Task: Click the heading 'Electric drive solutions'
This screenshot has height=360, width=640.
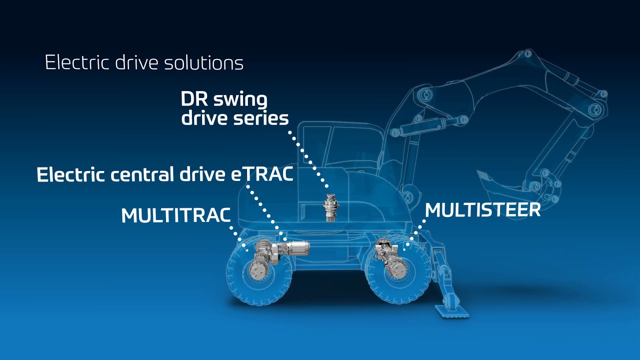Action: coord(144,63)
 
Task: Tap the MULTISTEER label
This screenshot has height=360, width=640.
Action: coord(483,210)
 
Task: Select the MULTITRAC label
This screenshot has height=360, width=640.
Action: coord(176,215)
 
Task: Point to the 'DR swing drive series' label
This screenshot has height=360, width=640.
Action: coord(234,109)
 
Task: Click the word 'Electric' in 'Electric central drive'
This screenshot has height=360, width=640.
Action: coord(68,174)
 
